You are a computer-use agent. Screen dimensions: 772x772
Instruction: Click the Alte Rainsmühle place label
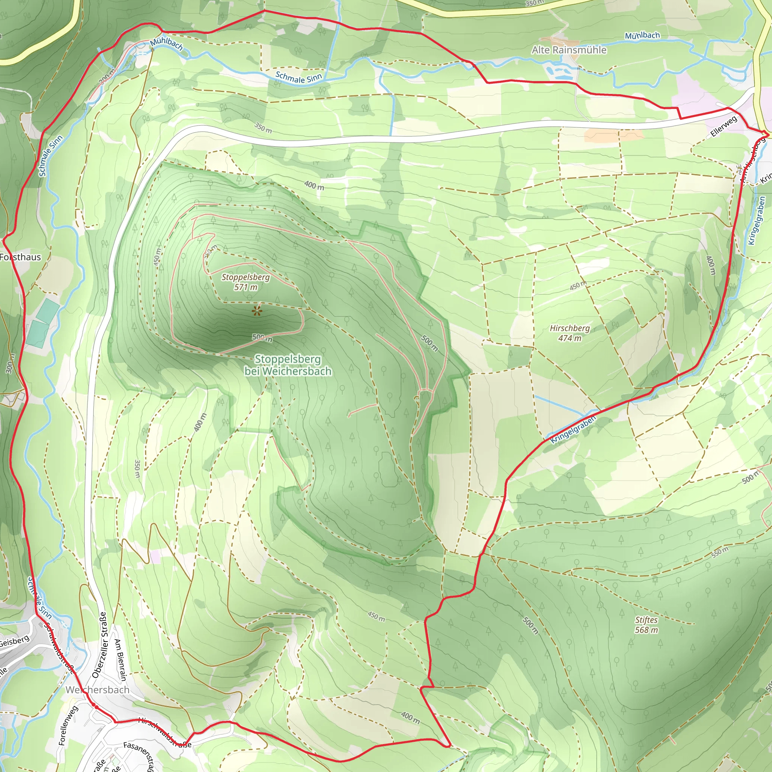pyautogui.click(x=568, y=50)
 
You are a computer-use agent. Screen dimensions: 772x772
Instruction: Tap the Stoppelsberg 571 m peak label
pyautogui.click(x=246, y=282)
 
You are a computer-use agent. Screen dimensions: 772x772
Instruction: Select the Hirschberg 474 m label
pyautogui.click(x=570, y=333)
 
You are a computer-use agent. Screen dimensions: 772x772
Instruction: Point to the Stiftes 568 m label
pyautogui.click(x=646, y=625)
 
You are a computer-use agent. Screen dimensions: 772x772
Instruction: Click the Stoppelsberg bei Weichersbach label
pyautogui.click(x=288, y=365)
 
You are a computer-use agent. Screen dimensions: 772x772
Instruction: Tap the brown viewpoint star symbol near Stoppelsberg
pyautogui.click(x=257, y=311)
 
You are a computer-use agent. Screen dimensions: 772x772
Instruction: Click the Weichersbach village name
pyautogui.click(x=98, y=690)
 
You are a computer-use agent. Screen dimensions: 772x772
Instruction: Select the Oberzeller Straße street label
pyautogui.click(x=100, y=645)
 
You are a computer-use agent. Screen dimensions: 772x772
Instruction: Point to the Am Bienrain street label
pyautogui.click(x=120, y=660)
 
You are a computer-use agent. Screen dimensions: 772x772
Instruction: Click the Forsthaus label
pyautogui.click(x=20, y=257)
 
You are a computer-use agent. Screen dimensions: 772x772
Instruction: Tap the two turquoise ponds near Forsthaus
pyautogui.click(x=42, y=323)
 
